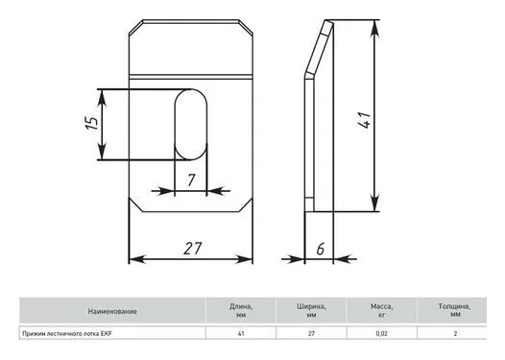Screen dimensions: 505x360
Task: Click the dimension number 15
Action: tap(92, 123)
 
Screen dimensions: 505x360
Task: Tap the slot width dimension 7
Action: tap(191, 180)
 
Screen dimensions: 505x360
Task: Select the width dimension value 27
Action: tap(193, 249)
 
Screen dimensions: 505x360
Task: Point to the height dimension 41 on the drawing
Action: tap(365, 120)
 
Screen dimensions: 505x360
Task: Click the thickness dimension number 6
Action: tap(320, 249)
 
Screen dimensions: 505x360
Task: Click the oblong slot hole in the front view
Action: tap(191, 125)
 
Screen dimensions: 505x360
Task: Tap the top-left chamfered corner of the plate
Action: tap(136, 27)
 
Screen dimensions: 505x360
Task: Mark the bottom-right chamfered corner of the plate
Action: tap(246, 205)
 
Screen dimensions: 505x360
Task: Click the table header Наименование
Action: tap(112, 311)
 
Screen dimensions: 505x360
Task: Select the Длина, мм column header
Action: tap(241, 311)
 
